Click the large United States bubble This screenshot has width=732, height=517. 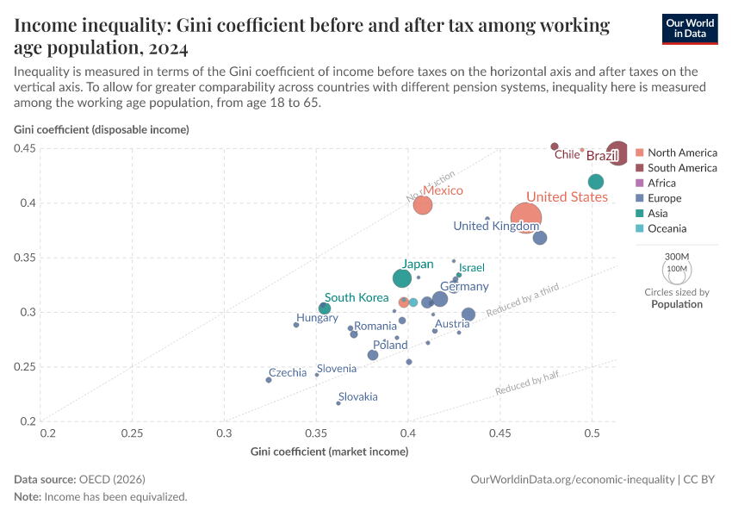(526, 218)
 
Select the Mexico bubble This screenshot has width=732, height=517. (422, 205)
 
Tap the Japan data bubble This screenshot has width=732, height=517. (402, 278)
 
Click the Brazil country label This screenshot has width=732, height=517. (603, 156)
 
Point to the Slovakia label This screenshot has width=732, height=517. (357, 397)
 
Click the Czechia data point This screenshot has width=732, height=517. (269, 380)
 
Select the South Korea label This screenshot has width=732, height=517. (357, 297)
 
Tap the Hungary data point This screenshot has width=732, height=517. (296, 325)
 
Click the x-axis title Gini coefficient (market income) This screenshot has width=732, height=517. (329, 452)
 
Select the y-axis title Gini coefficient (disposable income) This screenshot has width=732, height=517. (102, 130)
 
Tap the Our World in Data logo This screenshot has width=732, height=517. (690, 28)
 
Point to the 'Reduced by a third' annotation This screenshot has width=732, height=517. (523, 299)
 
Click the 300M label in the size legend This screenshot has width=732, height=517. (678, 257)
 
